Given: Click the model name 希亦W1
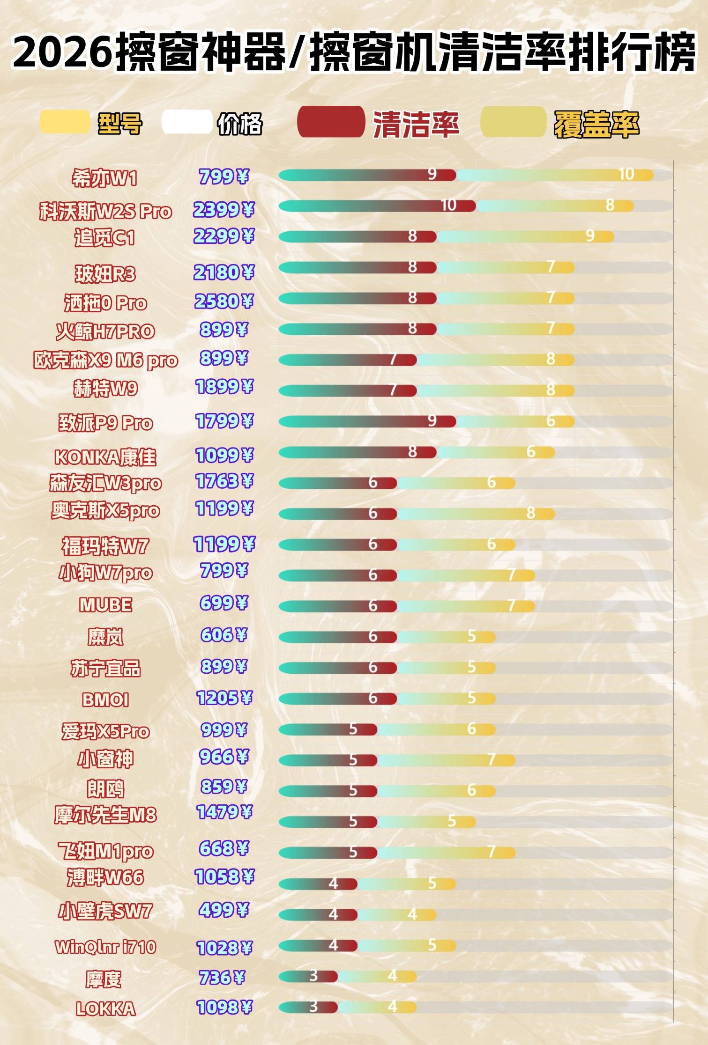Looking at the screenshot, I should tap(104, 178).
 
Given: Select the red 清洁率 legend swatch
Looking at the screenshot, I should tap(331, 122).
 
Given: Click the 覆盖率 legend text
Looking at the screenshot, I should tap(596, 125).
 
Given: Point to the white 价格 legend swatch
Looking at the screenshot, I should tap(186, 122).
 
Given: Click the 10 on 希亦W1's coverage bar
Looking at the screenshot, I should tap(626, 175).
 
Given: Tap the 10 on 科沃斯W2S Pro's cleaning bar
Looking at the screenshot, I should tap(448, 205).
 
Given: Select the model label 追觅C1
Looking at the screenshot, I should tap(104, 238).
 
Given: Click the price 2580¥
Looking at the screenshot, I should tap(224, 301).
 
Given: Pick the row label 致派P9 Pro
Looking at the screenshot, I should tap(105, 423).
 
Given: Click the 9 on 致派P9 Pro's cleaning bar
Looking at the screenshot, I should tap(432, 421).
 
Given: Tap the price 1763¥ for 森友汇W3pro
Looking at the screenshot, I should tap(224, 481).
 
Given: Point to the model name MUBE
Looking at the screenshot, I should tap(105, 605).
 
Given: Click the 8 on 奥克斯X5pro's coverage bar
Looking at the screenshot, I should tap(530, 513).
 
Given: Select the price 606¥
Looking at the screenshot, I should tap(224, 635).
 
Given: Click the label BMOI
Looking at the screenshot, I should tap(105, 699).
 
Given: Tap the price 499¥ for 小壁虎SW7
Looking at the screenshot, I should tap(224, 910).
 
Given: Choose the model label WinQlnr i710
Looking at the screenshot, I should tap(105, 947).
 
